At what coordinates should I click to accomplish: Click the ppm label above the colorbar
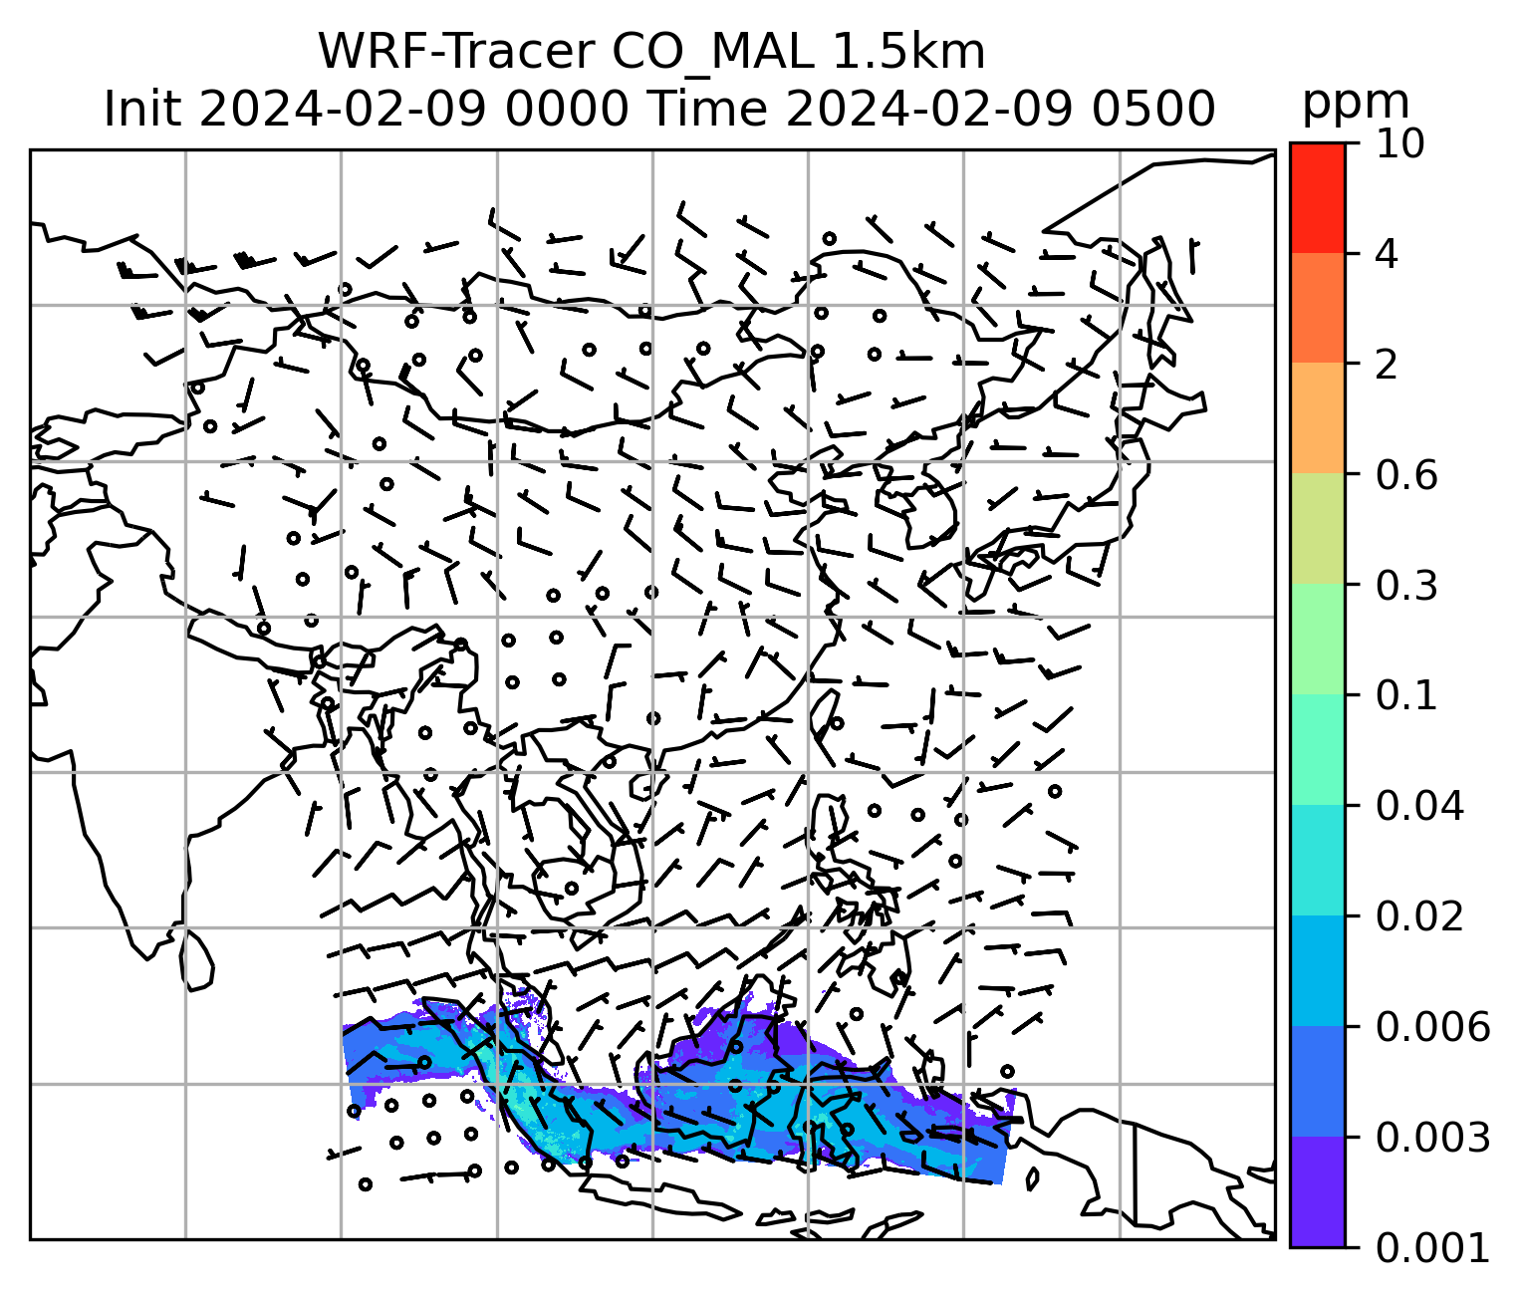[1356, 102]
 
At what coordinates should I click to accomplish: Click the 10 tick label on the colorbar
[1398, 144]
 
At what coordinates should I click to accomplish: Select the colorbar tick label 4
[1387, 254]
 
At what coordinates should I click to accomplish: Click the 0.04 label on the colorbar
[1418, 806]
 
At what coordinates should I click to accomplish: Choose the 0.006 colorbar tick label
[1431, 1026]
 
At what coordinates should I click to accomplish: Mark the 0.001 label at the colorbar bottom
[1431, 1246]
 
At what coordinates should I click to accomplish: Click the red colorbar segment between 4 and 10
[1317, 197]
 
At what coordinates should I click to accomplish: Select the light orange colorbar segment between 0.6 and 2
[1317, 417]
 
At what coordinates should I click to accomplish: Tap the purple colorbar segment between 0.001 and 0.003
[1317, 1190]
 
